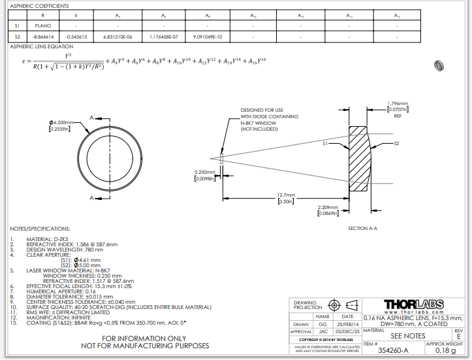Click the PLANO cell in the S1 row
[43, 25]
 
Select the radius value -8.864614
[43, 37]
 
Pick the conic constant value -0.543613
[77, 37]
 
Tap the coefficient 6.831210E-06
[118, 37]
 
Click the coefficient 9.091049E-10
[208, 37]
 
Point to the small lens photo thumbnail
[439, 65]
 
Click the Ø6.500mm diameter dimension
[62, 123]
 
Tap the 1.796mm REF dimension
[398, 104]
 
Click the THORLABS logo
[415, 304]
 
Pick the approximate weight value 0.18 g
[445, 351]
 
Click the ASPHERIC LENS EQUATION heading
[41, 47]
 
